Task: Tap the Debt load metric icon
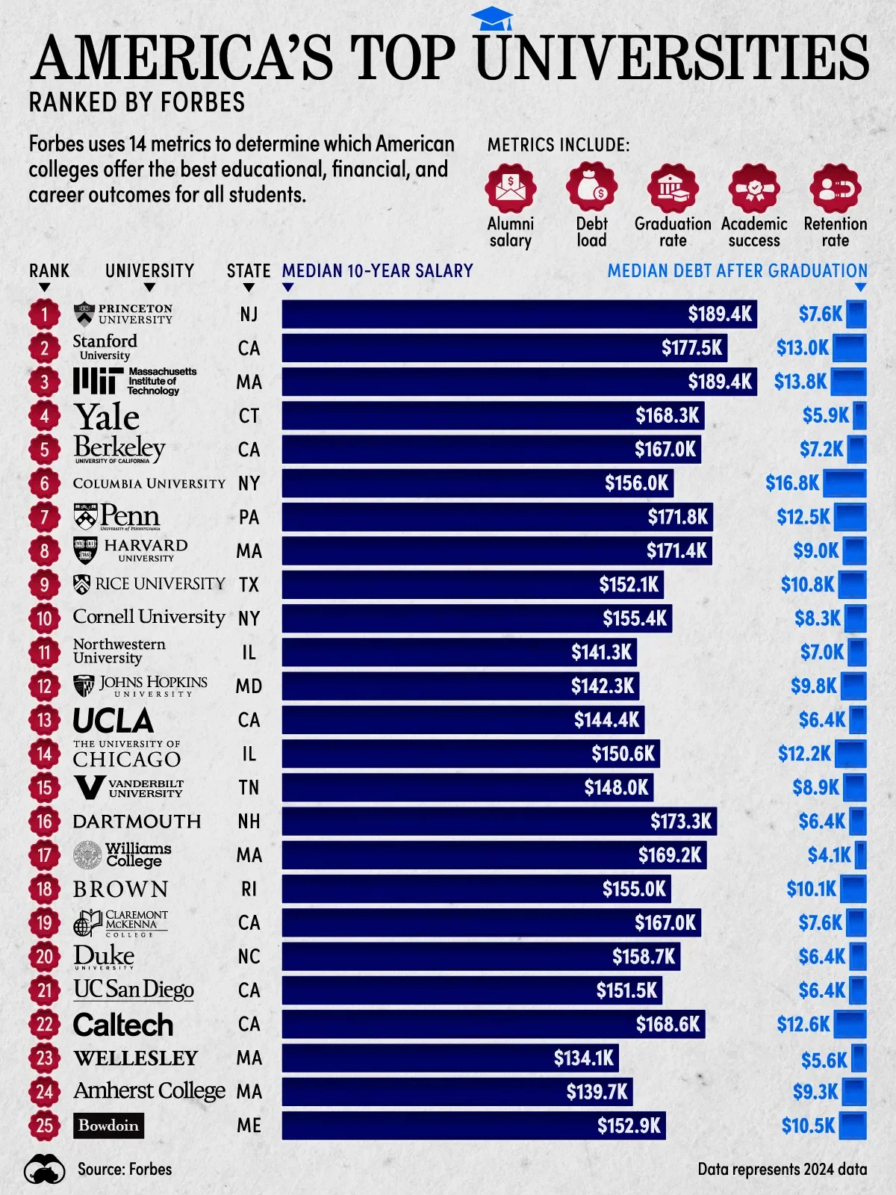(x=591, y=188)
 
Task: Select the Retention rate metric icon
(x=835, y=188)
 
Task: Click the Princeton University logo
(x=124, y=314)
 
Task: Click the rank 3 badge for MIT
(x=45, y=382)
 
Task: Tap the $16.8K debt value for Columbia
(x=792, y=483)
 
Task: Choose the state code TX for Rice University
(x=249, y=585)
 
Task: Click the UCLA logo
(x=113, y=721)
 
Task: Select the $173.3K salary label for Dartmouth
(x=680, y=822)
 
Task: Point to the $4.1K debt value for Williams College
(x=829, y=855)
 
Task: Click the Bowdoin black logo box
(x=108, y=1126)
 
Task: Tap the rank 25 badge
(x=45, y=1126)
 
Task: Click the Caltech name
(x=123, y=1025)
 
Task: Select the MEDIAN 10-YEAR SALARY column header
(x=377, y=270)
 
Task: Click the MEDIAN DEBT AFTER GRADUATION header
(x=737, y=270)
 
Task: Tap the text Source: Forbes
(x=125, y=1169)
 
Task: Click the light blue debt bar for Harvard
(x=854, y=551)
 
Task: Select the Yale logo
(x=107, y=416)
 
